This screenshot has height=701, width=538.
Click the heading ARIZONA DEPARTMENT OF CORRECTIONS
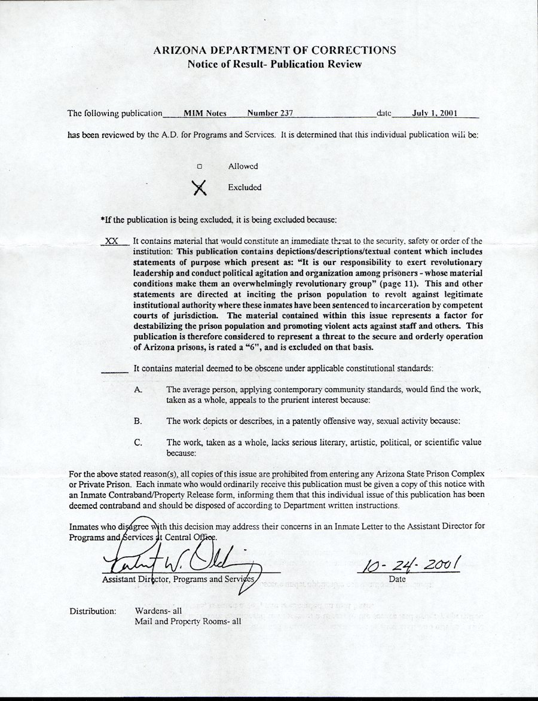click(x=274, y=50)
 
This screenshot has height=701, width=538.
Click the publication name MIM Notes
click(x=201, y=112)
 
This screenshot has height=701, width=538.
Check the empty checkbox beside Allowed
click(x=200, y=167)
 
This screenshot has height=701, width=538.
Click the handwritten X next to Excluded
click(x=200, y=188)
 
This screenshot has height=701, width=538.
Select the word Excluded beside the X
click(x=244, y=187)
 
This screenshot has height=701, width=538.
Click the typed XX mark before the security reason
click(x=111, y=240)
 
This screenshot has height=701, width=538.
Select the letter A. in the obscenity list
click(x=138, y=389)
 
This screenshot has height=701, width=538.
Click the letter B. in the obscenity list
click(x=138, y=421)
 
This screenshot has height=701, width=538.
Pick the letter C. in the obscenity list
click(x=138, y=443)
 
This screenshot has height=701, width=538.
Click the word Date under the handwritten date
click(x=397, y=579)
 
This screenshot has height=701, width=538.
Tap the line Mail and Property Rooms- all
click(x=188, y=621)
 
